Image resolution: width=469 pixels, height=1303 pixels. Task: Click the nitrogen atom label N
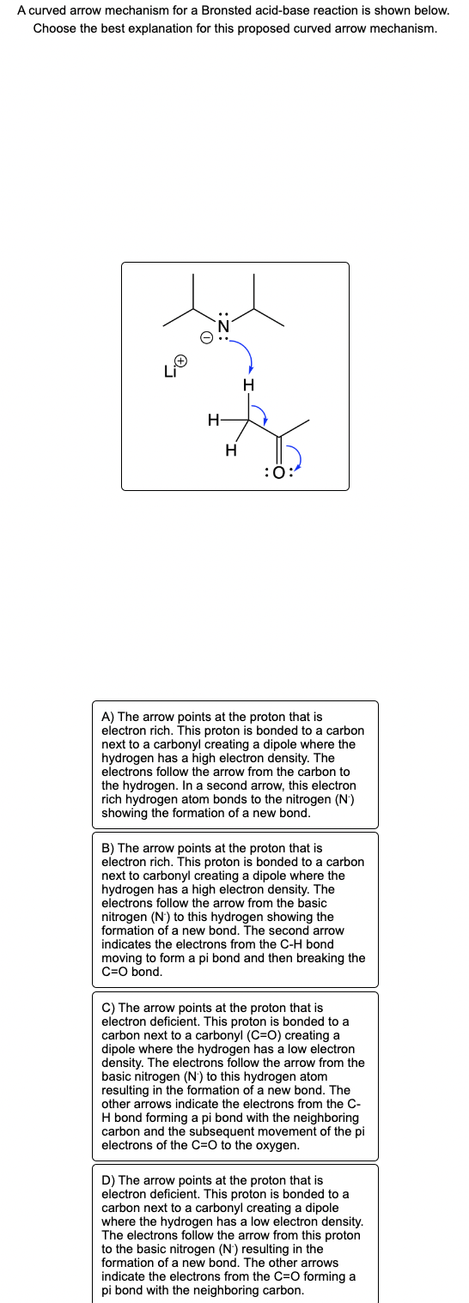tap(224, 326)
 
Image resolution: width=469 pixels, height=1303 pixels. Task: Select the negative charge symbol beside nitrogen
tap(206, 337)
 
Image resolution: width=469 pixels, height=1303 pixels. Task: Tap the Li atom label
tap(170, 372)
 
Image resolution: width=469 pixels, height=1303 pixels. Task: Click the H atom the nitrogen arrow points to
tap(249, 385)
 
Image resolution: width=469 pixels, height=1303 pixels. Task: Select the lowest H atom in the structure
tap(229, 448)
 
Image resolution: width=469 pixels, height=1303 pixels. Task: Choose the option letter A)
tap(107, 717)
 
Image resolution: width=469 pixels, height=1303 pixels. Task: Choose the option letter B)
tap(107, 847)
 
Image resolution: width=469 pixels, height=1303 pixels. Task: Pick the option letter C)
tap(107, 1007)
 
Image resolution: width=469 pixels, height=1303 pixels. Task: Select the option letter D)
tap(107, 1180)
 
